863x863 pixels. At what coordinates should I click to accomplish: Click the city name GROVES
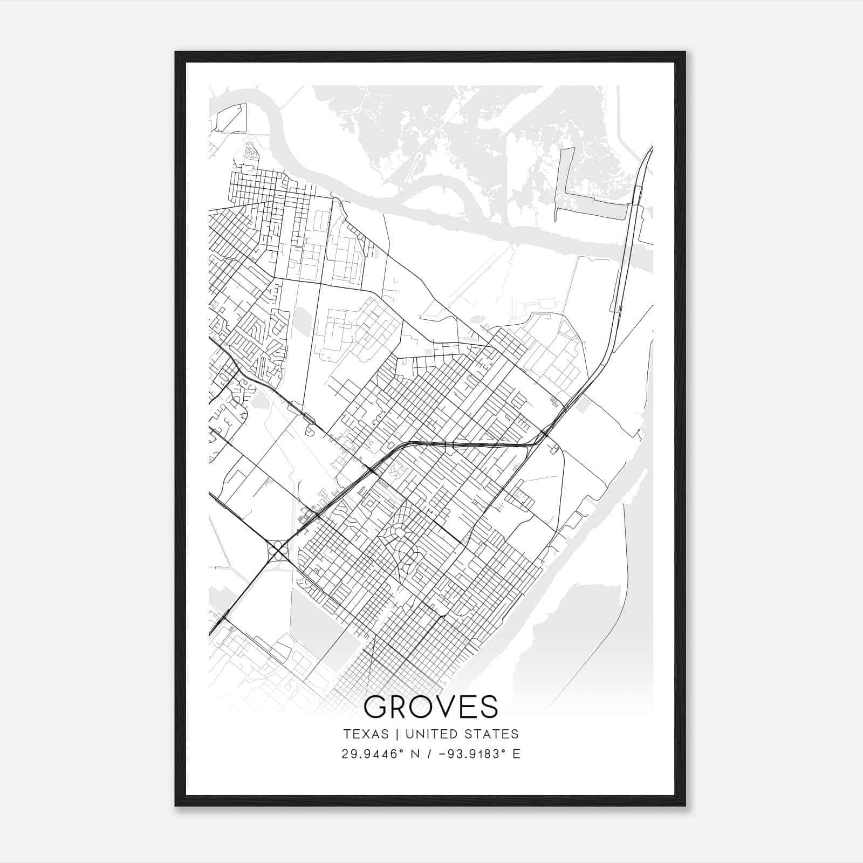coord(430,707)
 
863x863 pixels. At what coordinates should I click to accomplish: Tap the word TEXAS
coord(366,734)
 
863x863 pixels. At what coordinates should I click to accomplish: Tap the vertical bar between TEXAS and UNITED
coord(396,734)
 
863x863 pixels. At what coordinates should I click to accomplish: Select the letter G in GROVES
coord(376,707)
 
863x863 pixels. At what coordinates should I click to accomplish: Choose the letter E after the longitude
coord(517,754)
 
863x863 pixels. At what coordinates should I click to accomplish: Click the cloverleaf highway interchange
coord(278,551)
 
